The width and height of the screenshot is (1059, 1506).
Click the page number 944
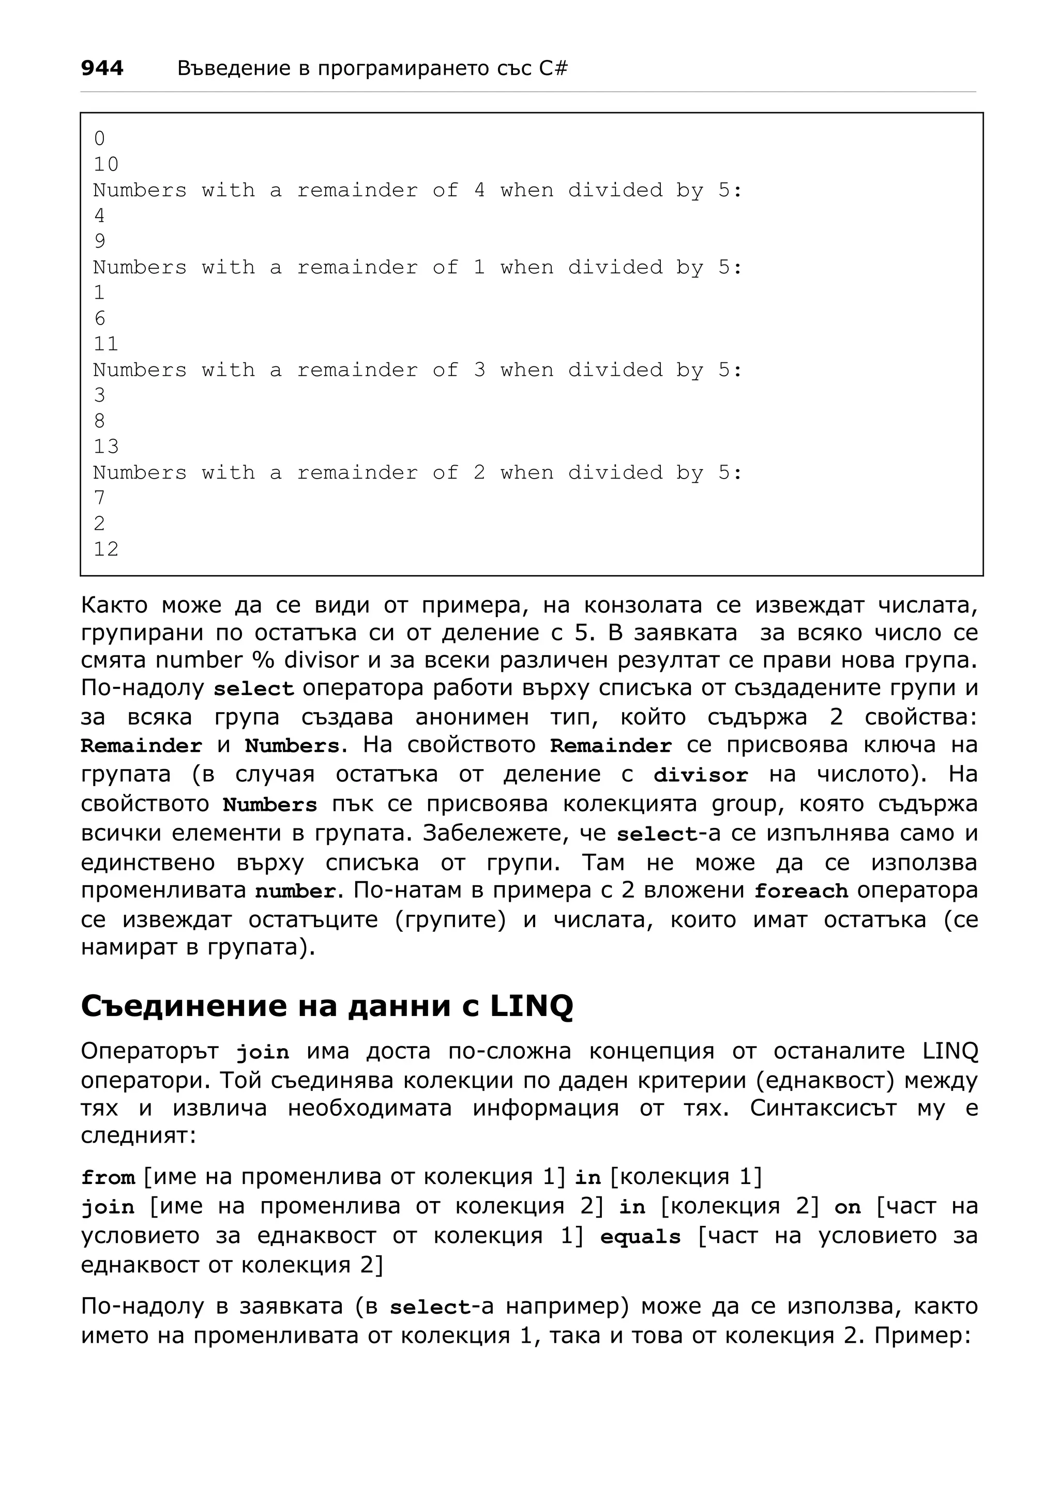point(102,68)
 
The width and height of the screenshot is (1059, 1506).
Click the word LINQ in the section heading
point(532,1006)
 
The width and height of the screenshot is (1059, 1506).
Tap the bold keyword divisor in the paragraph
point(701,775)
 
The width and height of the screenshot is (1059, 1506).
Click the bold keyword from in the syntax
point(108,1178)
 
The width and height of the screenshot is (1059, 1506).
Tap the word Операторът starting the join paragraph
point(149,1051)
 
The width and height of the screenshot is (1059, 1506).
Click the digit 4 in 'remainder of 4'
point(480,190)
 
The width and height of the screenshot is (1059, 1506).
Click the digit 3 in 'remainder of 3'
point(480,370)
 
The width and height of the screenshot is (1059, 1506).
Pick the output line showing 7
point(99,498)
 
